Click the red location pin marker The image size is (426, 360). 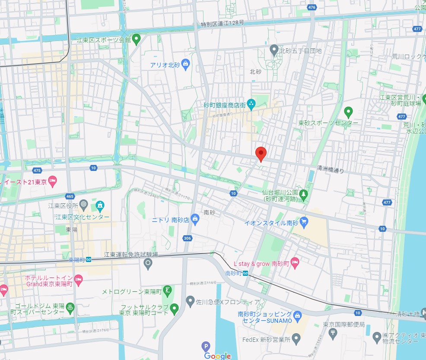261,154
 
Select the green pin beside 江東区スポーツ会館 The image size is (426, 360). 136,40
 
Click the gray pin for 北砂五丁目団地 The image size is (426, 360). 273,50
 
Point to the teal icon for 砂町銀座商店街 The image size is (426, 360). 252,104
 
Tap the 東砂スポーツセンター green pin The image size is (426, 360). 348,113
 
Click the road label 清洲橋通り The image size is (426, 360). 331,170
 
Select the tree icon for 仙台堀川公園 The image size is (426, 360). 304,195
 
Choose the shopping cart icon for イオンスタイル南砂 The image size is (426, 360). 304,222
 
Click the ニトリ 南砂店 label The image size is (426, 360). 170,219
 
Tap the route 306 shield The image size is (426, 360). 187,238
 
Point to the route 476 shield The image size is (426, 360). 312,7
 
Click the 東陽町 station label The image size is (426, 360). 76,259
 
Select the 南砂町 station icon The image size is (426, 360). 245,273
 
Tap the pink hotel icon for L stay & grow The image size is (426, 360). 295,263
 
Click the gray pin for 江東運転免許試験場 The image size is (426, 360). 148,263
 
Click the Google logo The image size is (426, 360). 218,356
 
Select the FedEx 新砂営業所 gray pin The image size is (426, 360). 296,339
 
